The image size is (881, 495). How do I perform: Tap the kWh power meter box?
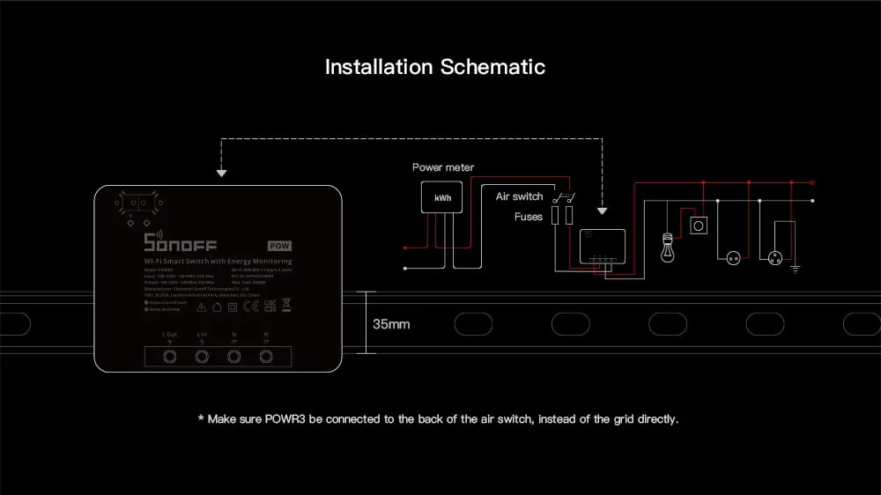(442, 198)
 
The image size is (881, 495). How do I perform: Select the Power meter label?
(442, 167)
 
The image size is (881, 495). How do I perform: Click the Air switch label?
(519, 196)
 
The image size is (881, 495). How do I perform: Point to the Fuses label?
(529, 216)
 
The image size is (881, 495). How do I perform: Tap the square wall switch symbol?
(699, 225)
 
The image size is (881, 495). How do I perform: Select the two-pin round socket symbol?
(731, 258)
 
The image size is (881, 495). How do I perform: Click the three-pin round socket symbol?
(776, 258)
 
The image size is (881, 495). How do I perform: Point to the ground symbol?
(796, 268)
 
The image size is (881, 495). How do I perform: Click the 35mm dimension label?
(391, 324)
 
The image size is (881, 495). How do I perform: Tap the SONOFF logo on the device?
(180, 243)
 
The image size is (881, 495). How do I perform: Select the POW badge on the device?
(279, 246)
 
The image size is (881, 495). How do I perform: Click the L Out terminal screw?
(170, 357)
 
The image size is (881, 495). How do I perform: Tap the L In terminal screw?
(202, 357)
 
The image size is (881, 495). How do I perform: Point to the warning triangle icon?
(202, 307)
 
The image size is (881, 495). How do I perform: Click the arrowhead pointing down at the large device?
(221, 174)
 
